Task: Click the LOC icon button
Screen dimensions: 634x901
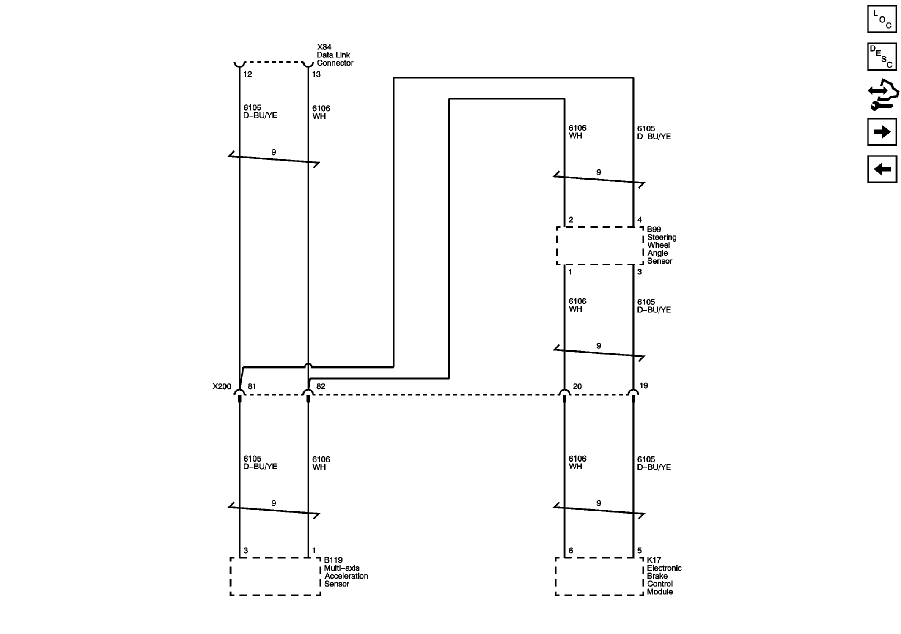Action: pyautogui.click(x=882, y=19)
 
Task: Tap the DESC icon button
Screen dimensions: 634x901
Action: pyautogui.click(x=882, y=56)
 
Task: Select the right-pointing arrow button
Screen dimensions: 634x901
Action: pyautogui.click(x=882, y=132)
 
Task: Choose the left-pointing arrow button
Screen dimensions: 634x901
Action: pyautogui.click(x=882, y=169)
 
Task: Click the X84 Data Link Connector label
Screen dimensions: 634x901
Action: pyautogui.click(x=335, y=55)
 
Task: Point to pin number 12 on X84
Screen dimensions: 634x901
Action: pyautogui.click(x=247, y=74)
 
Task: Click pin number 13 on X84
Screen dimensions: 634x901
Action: pyautogui.click(x=316, y=74)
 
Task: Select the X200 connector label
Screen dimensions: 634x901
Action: pyautogui.click(x=222, y=386)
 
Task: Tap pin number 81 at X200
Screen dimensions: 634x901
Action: pyautogui.click(x=252, y=386)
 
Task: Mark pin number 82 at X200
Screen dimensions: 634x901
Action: pyautogui.click(x=321, y=386)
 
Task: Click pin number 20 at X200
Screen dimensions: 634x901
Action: pyautogui.click(x=577, y=386)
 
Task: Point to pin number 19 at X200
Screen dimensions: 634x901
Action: pyautogui.click(x=643, y=385)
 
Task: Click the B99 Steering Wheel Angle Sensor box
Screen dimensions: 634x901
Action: pyautogui.click(x=600, y=246)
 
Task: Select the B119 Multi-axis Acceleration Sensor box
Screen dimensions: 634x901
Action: pyautogui.click(x=275, y=576)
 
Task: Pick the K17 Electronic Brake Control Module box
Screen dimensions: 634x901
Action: pyautogui.click(x=599, y=576)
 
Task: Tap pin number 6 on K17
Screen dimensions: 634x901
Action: pyautogui.click(x=571, y=550)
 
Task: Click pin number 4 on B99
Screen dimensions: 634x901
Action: pyautogui.click(x=640, y=220)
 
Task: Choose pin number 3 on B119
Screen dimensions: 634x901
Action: pyautogui.click(x=246, y=550)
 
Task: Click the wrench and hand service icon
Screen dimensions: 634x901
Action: pyautogui.click(x=882, y=94)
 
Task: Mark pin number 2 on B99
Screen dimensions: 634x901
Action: pyautogui.click(x=571, y=220)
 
